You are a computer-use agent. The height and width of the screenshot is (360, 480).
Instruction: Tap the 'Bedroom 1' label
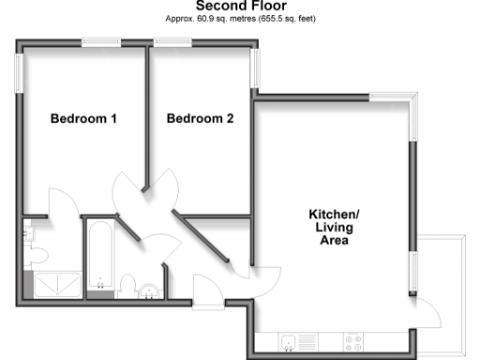point(83,119)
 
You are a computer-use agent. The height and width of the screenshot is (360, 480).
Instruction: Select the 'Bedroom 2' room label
point(200,119)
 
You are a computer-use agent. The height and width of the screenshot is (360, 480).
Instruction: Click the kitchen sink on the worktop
point(292,340)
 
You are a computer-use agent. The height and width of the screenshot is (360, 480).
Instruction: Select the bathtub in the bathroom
point(98,256)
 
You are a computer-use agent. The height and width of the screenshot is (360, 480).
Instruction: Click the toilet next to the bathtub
point(128,285)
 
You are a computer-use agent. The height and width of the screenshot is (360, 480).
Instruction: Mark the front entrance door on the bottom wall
point(205,292)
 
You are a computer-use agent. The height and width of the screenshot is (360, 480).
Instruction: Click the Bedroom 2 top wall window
point(173,41)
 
